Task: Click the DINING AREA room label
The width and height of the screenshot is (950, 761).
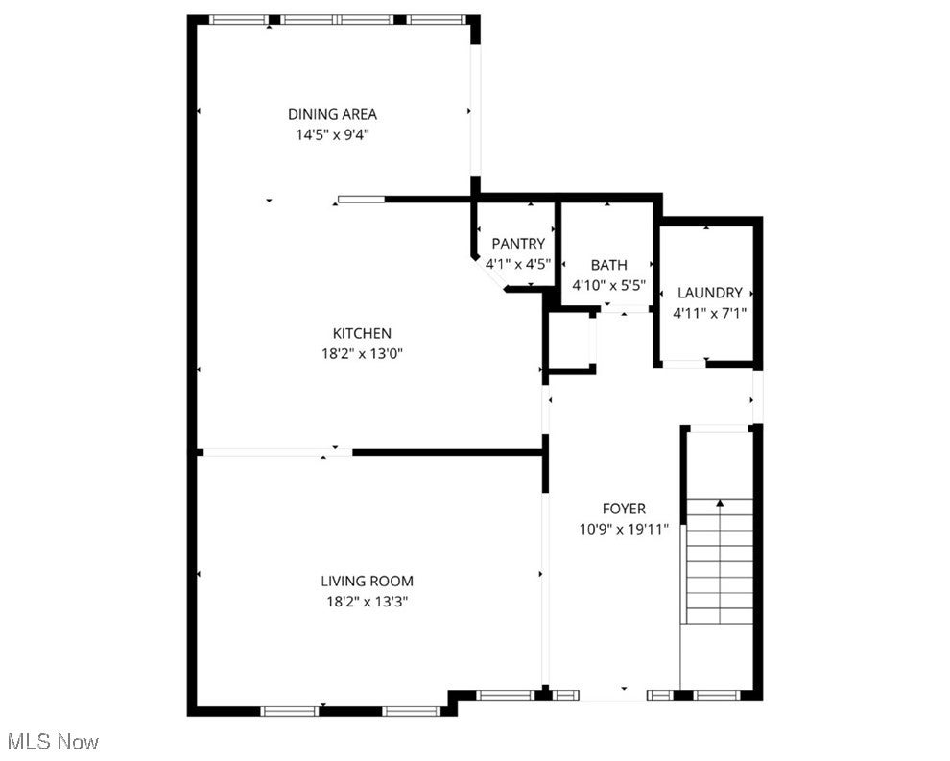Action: tap(332, 114)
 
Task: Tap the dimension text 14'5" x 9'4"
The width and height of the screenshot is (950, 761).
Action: tap(332, 135)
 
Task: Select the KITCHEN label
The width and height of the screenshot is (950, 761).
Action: tap(361, 333)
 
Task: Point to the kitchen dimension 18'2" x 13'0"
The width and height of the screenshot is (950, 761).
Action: tap(361, 353)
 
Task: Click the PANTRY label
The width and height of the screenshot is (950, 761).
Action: tap(518, 244)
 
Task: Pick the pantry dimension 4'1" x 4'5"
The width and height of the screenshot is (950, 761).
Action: tap(518, 263)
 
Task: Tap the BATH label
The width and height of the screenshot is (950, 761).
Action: tap(608, 265)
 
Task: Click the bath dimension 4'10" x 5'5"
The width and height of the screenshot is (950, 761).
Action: tap(608, 285)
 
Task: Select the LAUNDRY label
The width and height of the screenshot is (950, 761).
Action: tap(710, 293)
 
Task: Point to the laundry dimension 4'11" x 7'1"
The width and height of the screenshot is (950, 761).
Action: tap(710, 312)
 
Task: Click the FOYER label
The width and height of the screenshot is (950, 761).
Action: tap(624, 509)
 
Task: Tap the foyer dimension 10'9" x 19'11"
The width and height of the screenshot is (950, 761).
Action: tap(624, 528)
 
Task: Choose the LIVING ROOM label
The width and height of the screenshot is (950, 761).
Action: tap(367, 581)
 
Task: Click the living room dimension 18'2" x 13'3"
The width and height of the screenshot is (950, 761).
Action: tap(367, 602)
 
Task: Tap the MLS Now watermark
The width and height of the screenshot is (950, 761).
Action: tap(52, 742)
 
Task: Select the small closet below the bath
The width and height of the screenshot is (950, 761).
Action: tap(569, 341)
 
